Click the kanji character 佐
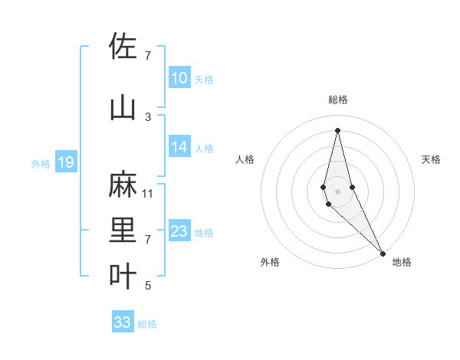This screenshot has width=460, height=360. point(123,46)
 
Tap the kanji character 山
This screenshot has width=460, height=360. point(123,107)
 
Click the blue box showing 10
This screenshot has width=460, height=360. point(179,78)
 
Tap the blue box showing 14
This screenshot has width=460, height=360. point(179,147)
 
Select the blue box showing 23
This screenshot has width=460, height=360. point(179,231)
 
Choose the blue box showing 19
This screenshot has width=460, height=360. point(65,162)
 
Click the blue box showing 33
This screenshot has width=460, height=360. point(123,322)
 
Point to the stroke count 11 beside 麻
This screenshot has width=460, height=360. point(148,193)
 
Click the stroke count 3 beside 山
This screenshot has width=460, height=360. point(148,116)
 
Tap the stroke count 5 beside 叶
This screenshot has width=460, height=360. point(148,286)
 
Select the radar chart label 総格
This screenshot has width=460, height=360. point(338,100)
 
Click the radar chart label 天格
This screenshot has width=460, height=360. point(432,159)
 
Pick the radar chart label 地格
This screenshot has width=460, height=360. point(402,262)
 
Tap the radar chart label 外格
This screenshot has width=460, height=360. point(270,262)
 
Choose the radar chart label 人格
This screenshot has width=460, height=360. point(245,159)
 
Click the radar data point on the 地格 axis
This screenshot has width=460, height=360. point(383,253)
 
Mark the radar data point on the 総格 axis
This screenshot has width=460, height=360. point(338,130)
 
